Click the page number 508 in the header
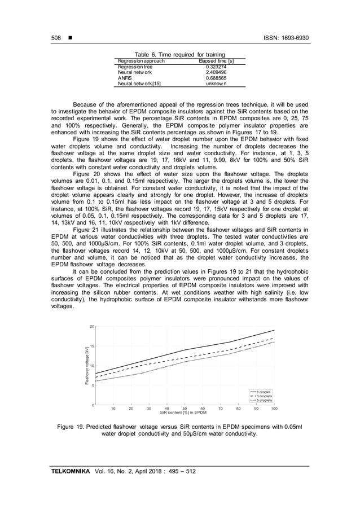click(x=56, y=38)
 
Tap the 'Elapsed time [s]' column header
click(x=216, y=61)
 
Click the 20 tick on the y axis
click(x=91, y=327)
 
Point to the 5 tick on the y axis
click(x=92, y=386)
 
